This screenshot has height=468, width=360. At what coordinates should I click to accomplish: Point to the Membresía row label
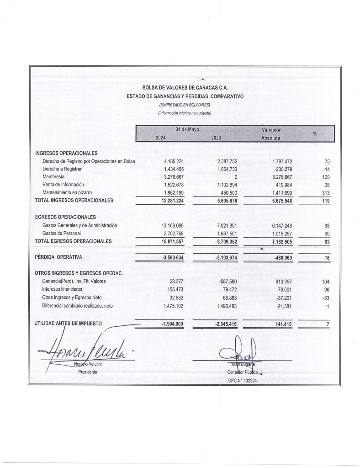[x=53, y=176]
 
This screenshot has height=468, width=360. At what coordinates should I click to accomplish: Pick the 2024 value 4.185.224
[x=174, y=162]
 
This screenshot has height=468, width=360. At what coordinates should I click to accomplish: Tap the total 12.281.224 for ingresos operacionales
[x=172, y=200]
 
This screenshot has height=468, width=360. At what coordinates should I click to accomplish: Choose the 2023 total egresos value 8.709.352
[x=225, y=241]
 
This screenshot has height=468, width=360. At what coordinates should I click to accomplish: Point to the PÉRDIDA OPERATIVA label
[x=57, y=257]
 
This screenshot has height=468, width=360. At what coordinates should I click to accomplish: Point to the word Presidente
[x=88, y=372]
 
